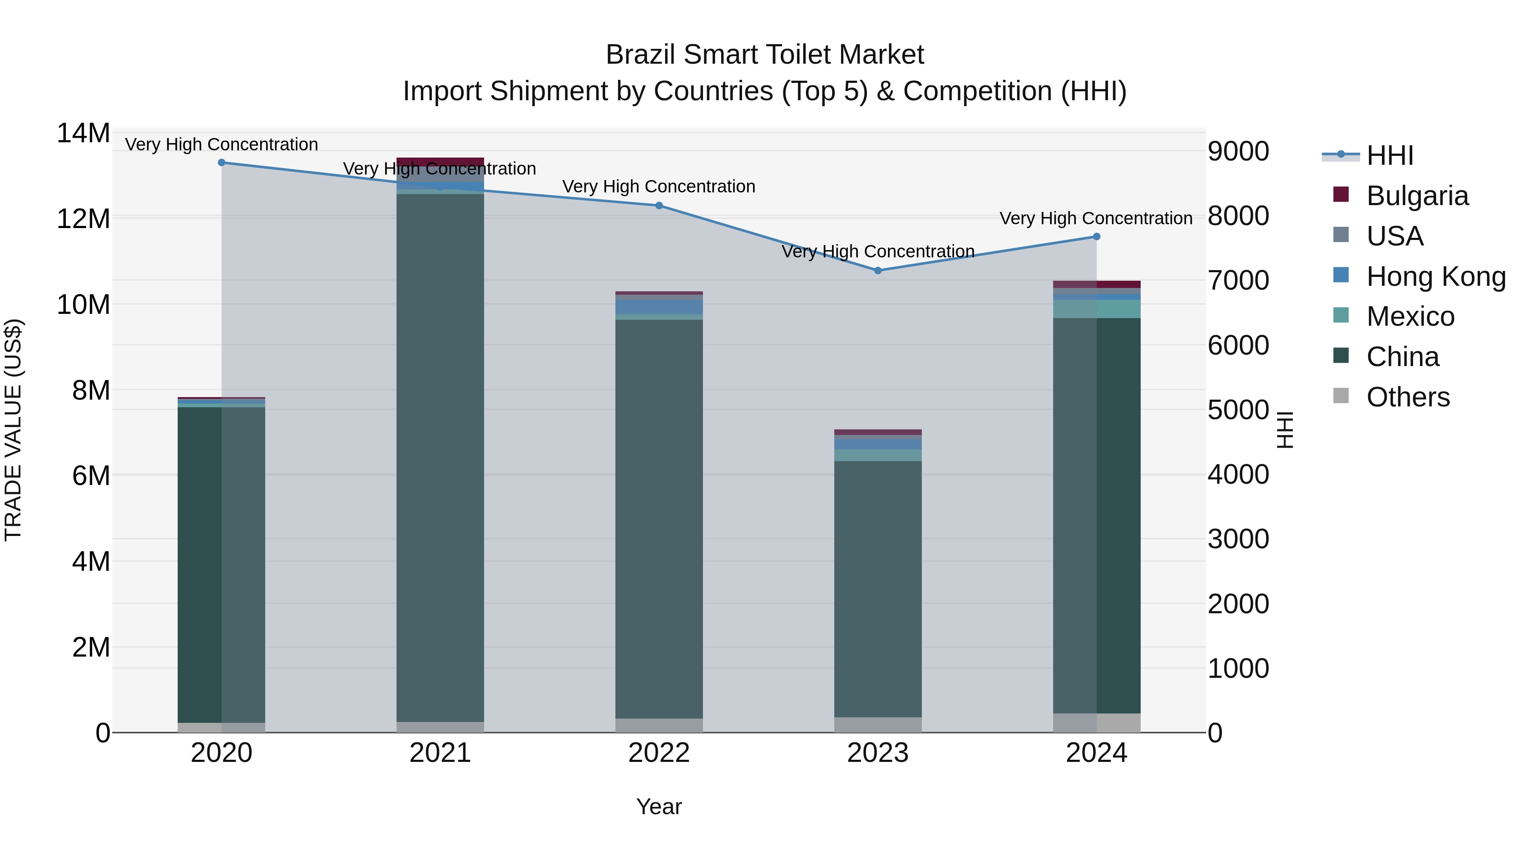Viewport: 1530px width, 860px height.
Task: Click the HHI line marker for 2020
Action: (221, 163)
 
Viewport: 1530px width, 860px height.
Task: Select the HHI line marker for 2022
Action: (659, 206)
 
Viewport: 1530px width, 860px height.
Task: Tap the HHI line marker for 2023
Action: (878, 271)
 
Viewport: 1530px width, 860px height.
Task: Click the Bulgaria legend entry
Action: (1417, 196)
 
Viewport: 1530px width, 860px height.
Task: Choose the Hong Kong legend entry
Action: (1435, 276)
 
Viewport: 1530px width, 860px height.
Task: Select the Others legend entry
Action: (1407, 397)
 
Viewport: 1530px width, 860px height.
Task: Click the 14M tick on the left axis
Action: (83, 133)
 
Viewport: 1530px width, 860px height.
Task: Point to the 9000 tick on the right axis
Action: (1238, 151)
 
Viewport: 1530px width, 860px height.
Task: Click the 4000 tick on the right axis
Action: (1238, 475)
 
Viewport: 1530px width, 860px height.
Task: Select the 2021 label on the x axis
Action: (440, 753)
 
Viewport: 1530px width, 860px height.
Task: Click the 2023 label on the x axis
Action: (878, 753)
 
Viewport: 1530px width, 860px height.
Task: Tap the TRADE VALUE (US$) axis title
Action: (13, 430)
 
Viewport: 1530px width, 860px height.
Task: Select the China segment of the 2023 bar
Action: (878, 588)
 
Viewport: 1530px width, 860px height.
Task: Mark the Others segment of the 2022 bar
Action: (659, 725)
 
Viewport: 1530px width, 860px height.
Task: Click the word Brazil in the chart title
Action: (641, 55)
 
